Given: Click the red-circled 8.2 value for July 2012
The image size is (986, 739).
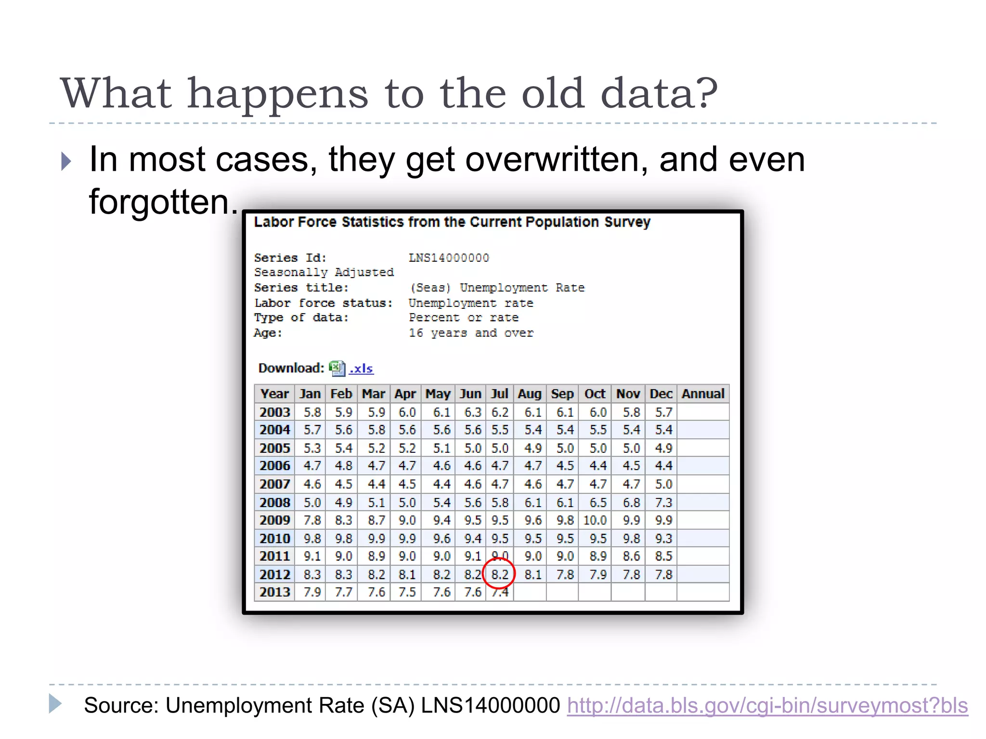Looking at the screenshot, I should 499,574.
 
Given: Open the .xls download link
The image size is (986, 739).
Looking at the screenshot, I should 361,369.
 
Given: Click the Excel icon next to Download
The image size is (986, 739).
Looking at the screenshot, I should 337,369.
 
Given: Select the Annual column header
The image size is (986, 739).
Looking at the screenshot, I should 703,394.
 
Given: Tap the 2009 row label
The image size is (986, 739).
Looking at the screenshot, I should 274,520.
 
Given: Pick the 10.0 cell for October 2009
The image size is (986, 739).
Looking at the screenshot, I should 595,520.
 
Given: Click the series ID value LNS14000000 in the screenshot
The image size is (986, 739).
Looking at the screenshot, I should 449,258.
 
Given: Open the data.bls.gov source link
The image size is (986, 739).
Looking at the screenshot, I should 767,705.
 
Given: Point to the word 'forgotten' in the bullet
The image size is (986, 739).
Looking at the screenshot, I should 159,201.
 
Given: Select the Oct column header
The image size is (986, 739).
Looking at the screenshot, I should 595,394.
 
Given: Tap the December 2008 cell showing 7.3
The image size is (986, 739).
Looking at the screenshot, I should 663,502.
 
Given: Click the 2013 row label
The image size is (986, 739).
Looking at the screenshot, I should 274,592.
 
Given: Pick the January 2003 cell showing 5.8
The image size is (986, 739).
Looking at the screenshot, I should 312,412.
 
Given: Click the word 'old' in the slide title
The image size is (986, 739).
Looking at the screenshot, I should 553,93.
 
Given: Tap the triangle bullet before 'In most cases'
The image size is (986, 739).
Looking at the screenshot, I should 66,161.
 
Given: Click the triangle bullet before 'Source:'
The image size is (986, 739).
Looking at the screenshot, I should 55,703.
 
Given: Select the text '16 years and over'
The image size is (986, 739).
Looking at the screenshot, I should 471,333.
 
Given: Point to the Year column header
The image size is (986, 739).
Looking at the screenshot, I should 274,394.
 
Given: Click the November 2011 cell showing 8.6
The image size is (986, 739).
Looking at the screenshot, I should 631,556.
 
